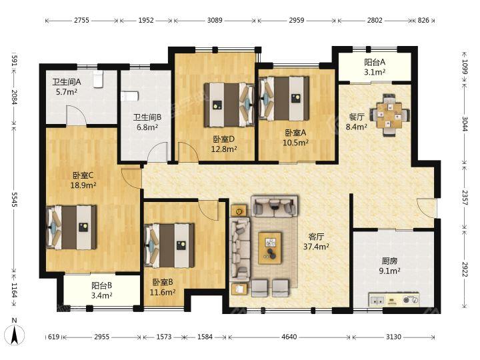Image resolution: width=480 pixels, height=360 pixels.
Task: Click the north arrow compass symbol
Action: point(15,334)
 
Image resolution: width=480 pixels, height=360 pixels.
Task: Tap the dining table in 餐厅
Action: point(389,115)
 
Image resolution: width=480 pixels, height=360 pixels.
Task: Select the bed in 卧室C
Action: point(71,227)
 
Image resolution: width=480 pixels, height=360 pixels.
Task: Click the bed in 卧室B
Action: point(169,245)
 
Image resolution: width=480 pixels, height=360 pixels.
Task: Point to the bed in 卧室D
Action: point(229,105)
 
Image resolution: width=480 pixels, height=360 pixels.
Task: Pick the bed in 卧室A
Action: point(284,99)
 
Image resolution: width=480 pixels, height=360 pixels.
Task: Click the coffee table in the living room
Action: point(270,248)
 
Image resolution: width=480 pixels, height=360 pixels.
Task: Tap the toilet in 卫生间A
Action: point(98,79)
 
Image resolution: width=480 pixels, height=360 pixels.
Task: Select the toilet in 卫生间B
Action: point(130,96)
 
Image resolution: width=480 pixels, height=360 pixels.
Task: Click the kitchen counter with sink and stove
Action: point(394,300)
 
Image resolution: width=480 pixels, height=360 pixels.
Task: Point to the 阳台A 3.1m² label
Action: point(375,67)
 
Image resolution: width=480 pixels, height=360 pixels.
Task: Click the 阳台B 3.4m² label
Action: point(101,291)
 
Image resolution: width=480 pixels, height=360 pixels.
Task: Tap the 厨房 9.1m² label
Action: point(390,266)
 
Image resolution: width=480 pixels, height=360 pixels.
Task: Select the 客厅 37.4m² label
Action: point(316,241)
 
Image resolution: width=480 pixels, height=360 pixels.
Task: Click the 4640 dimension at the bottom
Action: point(289,337)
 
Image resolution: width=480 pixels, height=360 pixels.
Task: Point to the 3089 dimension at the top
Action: point(215,21)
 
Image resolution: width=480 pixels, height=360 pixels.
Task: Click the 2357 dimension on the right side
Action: point(465,198)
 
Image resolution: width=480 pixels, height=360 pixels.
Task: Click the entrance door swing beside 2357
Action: point(426,208)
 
